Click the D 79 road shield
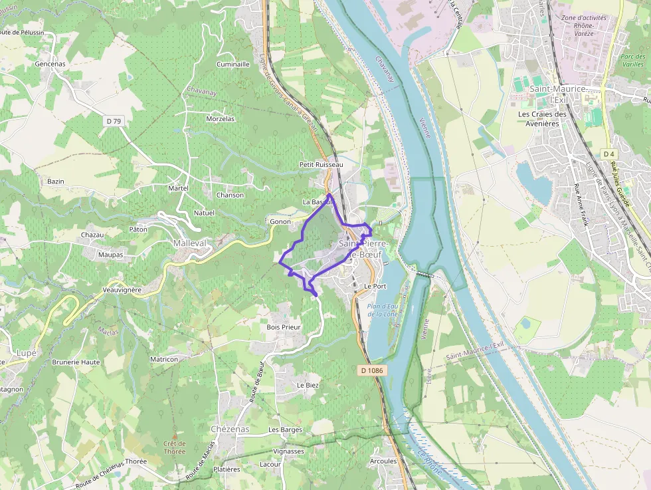pyautogui.click(x=114, y=121)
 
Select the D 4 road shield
pyautogui.click(x=608, y=154)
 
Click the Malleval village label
pyautogui.click(x=191, y=243)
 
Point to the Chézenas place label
pyautogui.click(x=229, y=429)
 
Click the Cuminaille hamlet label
pyautogui.click(x=233, y=64)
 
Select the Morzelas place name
pyautogui.click(x=221, y=119)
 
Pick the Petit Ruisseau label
pyautogui.click(x=321, y=164)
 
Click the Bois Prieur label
pyautogui.click(x=284, y=327)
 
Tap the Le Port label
pyautogui.click(x=375, y=286)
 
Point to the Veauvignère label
pyautogui.click(x=123, y=291)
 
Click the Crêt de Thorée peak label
pyautogui.click(x=175, y=447)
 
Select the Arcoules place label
pyautogui.click(x=383, y=461)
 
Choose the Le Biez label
pyautogui.click(x=308, y=385)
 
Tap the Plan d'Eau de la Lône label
pyautogui.click(x=382, y=309)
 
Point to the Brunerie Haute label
pyautogui.click(x=76, y=362)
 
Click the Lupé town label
pyautogui.click(x=27, y=352)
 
